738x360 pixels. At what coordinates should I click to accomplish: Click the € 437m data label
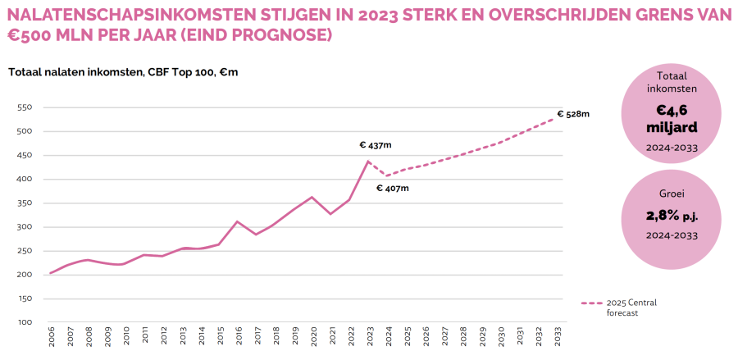[x=376, y=145]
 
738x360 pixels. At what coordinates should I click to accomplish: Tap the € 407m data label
[x=392, y=189]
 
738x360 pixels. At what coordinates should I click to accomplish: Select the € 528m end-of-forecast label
[x=573, y=114]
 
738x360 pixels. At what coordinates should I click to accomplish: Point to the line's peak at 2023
[x=368, y=161]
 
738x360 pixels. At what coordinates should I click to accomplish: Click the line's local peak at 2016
[x=237, y=221]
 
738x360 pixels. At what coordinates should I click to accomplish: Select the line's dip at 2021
[x=330, y=214]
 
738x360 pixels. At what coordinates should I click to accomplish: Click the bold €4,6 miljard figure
[x=672, y=119]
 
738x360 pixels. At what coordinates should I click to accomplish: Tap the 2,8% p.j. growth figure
[x=672, y=217]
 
